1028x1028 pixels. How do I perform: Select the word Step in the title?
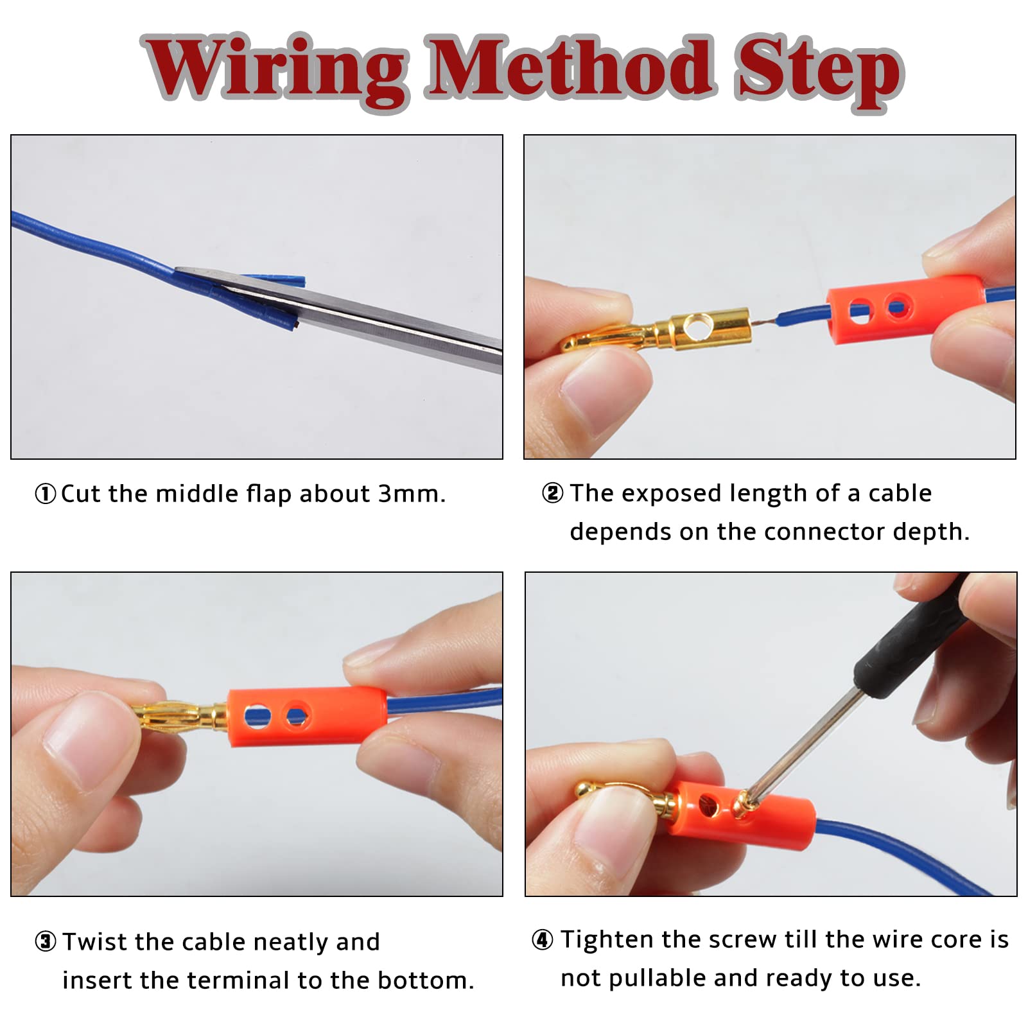click(819, 72)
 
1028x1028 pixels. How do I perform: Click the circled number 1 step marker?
click(46, 494)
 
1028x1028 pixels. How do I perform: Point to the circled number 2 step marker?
click(553, 493)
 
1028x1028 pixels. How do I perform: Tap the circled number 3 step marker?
click(46, 942)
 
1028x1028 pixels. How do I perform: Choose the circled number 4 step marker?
click(543, 940)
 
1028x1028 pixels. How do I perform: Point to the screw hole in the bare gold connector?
click(695, 328)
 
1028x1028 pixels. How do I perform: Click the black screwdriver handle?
click(912, 636)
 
